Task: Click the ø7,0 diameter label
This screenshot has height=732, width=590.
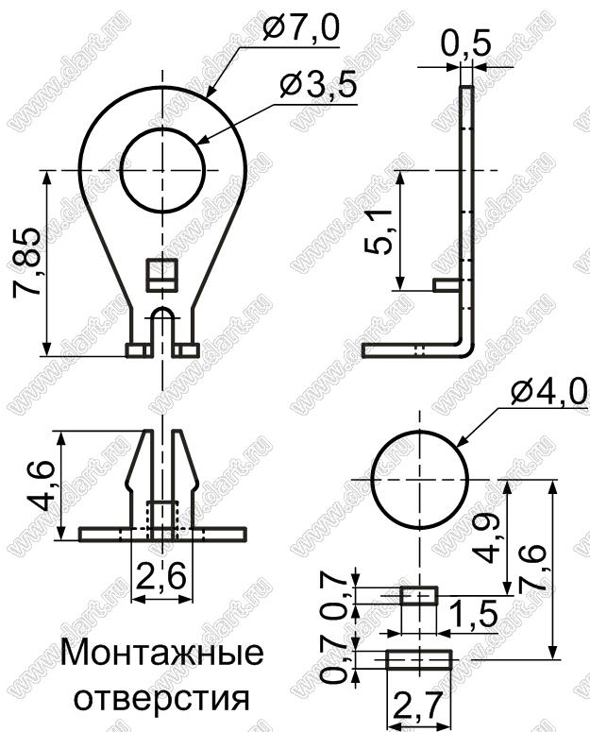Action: pyautogui.click(x=301, y=29)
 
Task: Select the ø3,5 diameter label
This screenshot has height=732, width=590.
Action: pyautogui.click(x=318, y=86)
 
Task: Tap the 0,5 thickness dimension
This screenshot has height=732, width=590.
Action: pyautogui.click(x=466, y=45)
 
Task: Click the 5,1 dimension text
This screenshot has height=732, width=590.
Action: pyautogui.click(x=378, y=232)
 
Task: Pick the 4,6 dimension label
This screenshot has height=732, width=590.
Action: pyautogui.click(x=40, y=486)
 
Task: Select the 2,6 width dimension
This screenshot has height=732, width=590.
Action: pyautogui.click(x=160, y=576)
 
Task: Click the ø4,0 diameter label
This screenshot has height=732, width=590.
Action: pyautogui.click(x=548, y=394)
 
